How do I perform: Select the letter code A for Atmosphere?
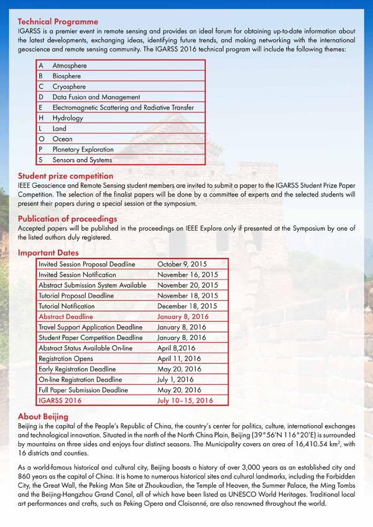pos(40,65)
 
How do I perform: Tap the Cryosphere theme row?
pos(69,86)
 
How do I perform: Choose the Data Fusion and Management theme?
pos(96,97)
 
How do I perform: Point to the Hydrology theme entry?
pos(68,118)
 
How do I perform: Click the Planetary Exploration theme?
pos(83,150)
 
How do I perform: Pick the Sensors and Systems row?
pos(82,160)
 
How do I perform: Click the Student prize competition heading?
pos(65,176)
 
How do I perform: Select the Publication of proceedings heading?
pos(67,219)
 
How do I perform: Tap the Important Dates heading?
pos(48,253)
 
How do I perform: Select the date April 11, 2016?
pos(180,359)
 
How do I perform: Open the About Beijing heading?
pos(43,416)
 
